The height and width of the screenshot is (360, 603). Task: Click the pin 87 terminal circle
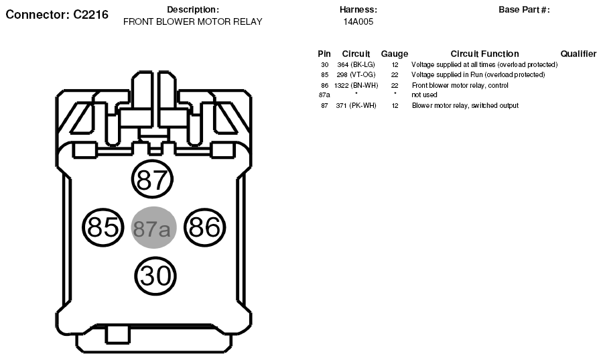click(152, 179)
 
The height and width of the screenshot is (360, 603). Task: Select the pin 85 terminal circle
click(103, 227)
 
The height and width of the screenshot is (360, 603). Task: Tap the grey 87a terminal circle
click(154, 228)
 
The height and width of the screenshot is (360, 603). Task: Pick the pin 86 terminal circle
click(204, 227)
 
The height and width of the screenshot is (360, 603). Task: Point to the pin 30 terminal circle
click(155, 276)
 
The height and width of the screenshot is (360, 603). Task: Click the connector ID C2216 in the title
click(90, 15)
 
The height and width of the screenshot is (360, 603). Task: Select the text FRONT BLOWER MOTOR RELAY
click(193, 22)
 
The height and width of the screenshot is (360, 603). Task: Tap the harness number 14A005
click(358, 22)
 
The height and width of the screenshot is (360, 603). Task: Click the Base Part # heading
click(524, 10)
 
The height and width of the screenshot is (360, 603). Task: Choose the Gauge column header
click(395, 54)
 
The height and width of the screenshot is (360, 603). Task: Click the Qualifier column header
click(578, 54)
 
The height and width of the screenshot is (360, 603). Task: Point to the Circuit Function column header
click(484, 54)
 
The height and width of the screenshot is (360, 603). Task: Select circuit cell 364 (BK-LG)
click(356, 64)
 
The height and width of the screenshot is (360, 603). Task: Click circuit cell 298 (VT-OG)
click(356, 74)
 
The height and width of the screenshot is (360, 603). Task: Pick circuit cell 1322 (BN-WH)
click(356, 85)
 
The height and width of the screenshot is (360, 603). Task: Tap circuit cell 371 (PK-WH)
click(356, 105)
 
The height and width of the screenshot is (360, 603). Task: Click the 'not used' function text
click(424, 95)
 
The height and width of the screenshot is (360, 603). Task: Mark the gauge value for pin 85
click(395, 74)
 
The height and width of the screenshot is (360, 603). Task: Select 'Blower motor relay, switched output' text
click(465, 105)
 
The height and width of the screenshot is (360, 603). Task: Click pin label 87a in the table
click(324, 95)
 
